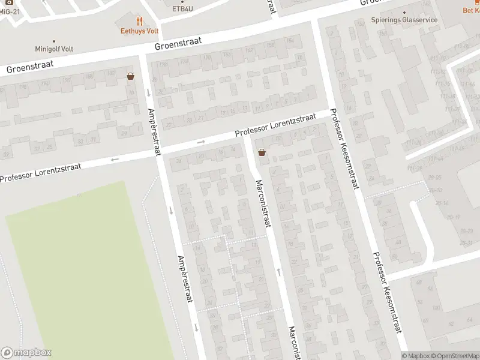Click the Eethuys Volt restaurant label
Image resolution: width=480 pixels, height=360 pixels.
pyautogui.click(x=139, y=31)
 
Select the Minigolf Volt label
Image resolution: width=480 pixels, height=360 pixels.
pyautogui.click(x=53, y=50)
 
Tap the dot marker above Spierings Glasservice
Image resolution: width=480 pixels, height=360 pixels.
pyautogui.click(x=404, y=11)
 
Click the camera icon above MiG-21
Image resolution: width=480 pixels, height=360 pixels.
pyautogui.click(x=9, y=2)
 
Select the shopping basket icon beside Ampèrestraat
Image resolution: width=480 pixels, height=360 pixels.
pyautogui.click(x=130, y=76)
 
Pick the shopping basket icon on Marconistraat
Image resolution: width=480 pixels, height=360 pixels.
pyautogui.click(x=262, y=152)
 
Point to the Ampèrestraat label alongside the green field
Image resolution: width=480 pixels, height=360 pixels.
pyautogui.click(x=184, y=278)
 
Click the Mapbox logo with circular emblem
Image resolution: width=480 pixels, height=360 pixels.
pyautogui.click(x=26, y=353)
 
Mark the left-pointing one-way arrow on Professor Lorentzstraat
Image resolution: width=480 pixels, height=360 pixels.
pyautogui.click(x=114, y=160)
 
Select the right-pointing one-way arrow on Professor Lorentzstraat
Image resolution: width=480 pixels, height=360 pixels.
pyautogui.click(x=201, y=142)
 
